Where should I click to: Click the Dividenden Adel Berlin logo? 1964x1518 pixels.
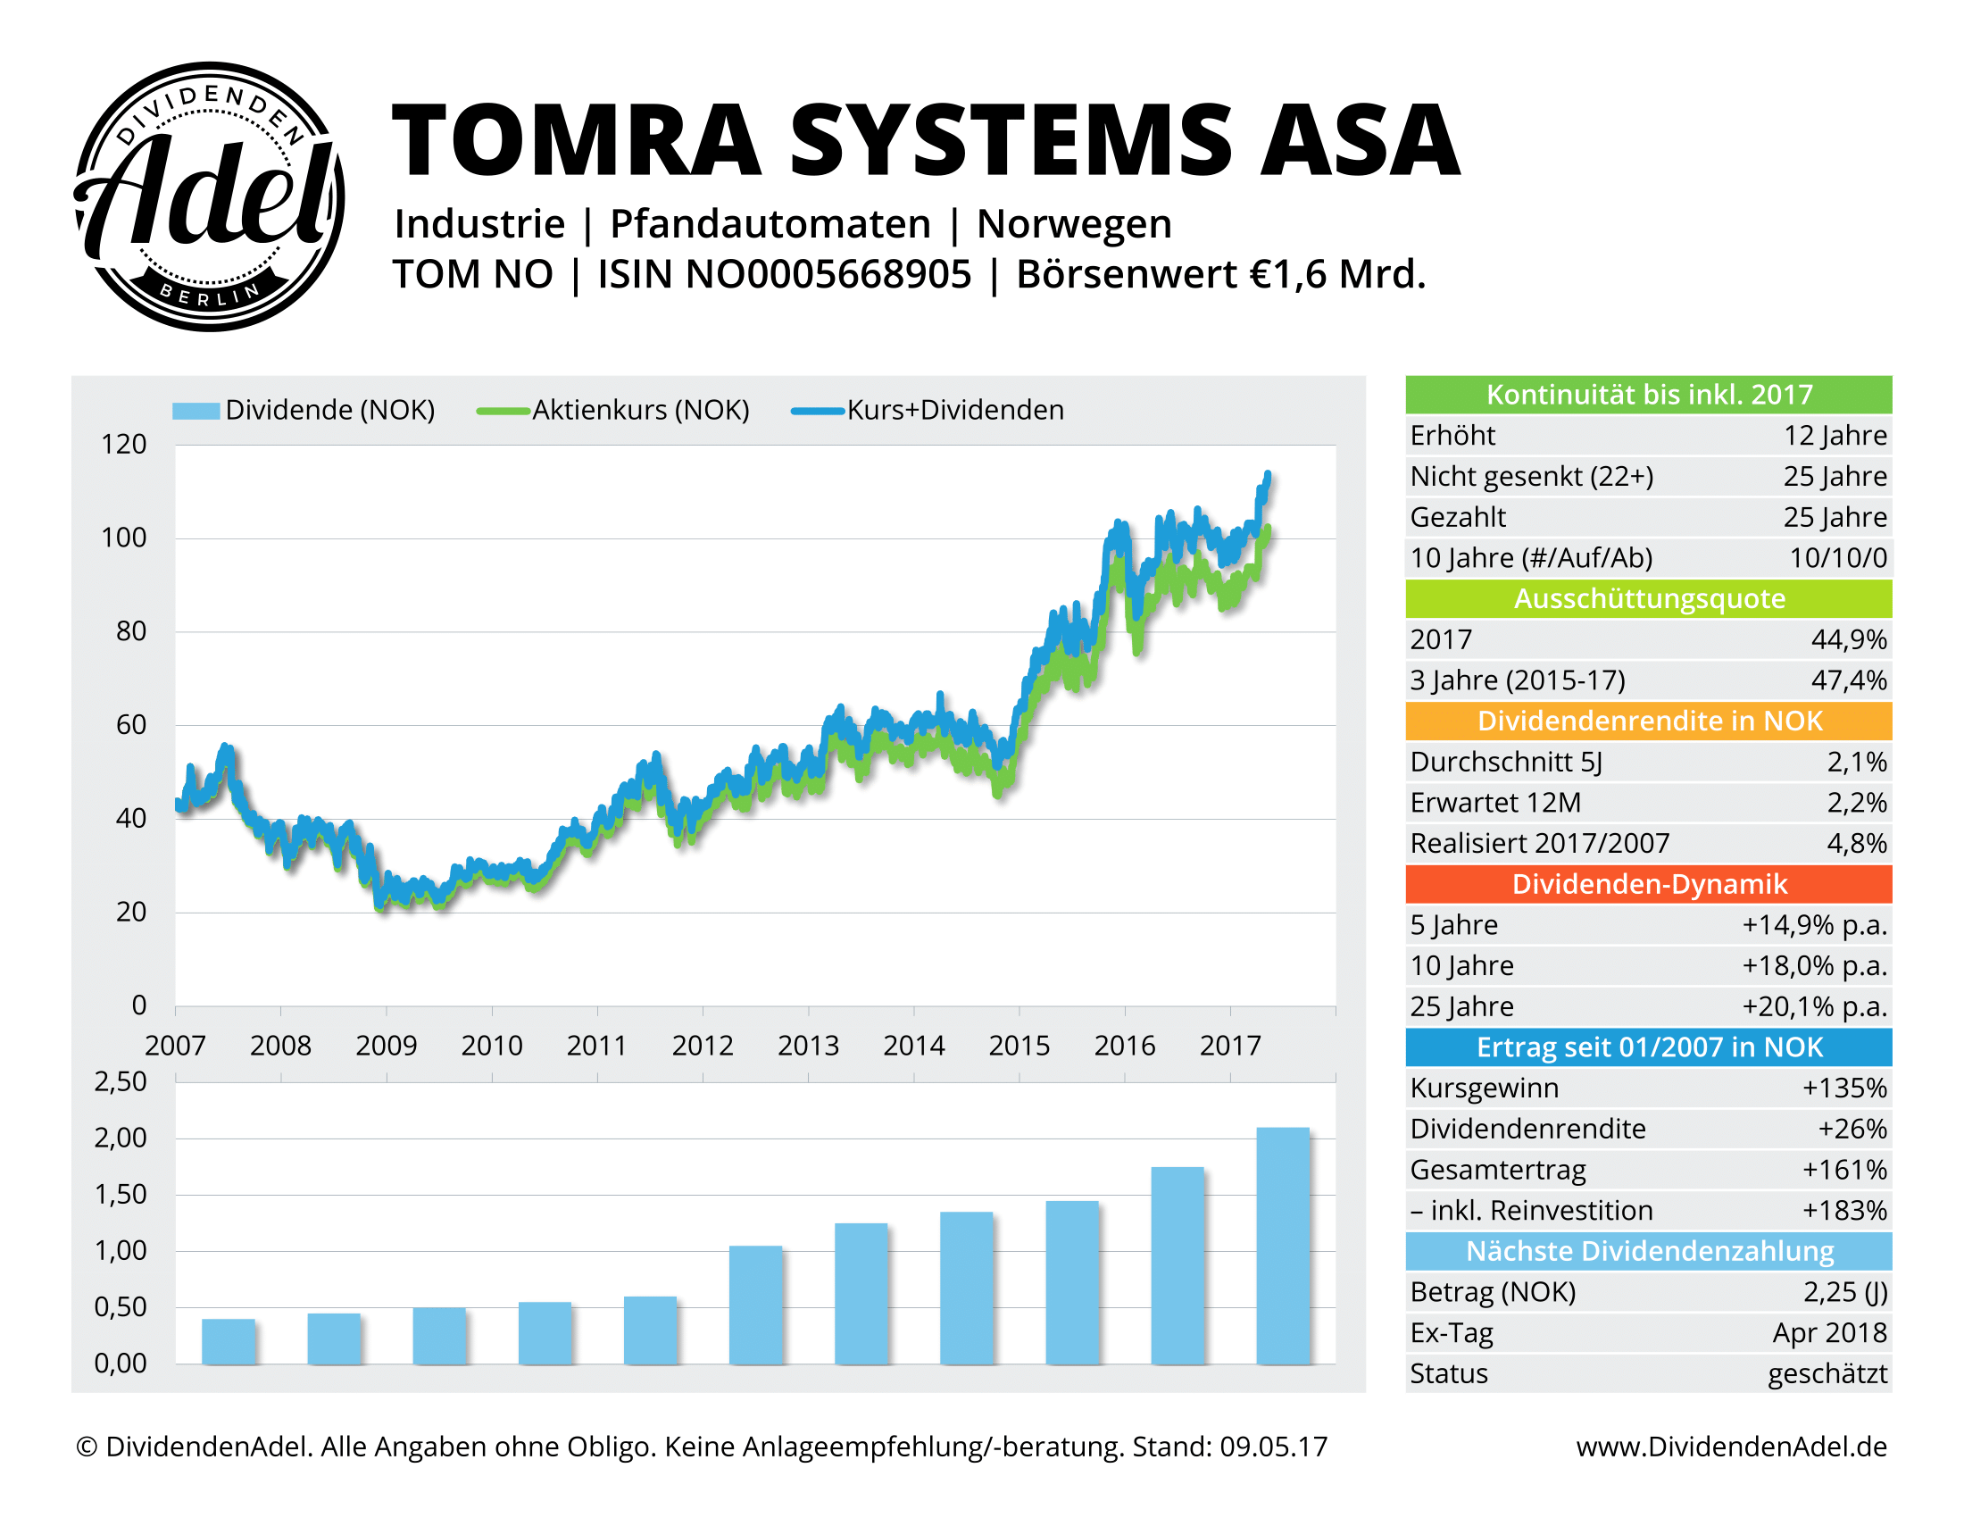[209, 196]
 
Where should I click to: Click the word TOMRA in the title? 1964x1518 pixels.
[577, 141]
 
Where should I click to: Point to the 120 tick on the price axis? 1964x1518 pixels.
[123, 445]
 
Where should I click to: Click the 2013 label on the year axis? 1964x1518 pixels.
[808, 1045]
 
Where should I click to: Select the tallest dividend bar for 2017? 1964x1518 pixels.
[1282, 1246]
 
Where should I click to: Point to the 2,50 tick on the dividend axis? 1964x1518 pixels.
[121, 1081]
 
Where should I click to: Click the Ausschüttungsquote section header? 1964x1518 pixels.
[1648, 599]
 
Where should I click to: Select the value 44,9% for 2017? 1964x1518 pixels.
[1848, 639]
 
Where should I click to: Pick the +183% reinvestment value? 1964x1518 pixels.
[1843, 1211]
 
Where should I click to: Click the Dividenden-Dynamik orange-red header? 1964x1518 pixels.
[1648, 884]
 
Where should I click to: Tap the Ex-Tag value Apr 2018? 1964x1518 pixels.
[1829, 1333]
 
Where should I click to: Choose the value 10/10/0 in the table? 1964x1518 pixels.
[1837, 557]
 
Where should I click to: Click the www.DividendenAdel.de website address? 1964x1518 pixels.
[1731, 1446]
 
